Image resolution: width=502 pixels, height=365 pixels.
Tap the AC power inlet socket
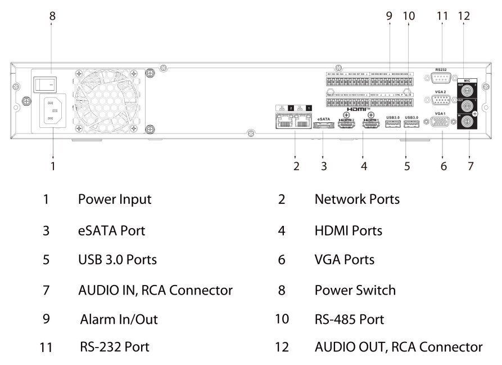51,112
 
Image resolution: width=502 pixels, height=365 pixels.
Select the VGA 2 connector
441,101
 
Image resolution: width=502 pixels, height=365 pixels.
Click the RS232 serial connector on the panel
441,78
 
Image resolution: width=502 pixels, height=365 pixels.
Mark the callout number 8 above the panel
52,16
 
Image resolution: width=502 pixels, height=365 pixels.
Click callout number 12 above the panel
463,16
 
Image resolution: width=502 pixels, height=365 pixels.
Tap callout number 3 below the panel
324,166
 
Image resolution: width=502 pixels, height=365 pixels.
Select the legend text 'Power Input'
114,199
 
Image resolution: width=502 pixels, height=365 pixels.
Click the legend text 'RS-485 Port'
349,319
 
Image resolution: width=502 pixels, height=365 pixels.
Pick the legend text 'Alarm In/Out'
119,319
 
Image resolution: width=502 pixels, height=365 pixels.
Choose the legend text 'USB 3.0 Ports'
117,260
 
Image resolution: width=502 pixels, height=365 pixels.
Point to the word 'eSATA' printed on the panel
323,118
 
